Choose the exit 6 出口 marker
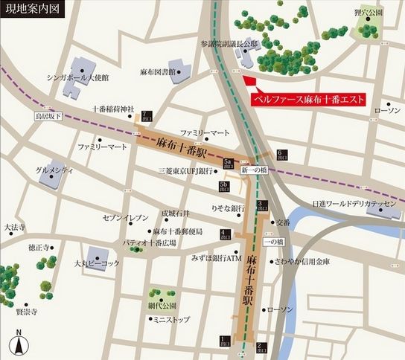click(280, 154)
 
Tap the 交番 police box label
click(282, 222)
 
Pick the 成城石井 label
click(176, 213)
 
